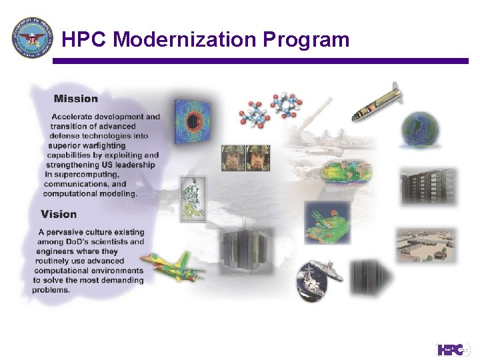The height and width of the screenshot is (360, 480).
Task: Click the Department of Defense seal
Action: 31,38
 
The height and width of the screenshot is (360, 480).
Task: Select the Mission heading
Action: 76,99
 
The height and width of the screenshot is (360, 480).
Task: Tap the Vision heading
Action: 59,214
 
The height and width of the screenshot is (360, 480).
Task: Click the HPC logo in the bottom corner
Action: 453,349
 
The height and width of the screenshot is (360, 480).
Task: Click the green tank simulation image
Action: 327,223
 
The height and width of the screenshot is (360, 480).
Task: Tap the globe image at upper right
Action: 420,130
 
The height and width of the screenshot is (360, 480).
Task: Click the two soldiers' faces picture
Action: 246,158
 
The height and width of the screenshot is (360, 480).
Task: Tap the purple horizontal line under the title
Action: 260,61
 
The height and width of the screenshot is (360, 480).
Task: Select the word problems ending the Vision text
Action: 51,290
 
